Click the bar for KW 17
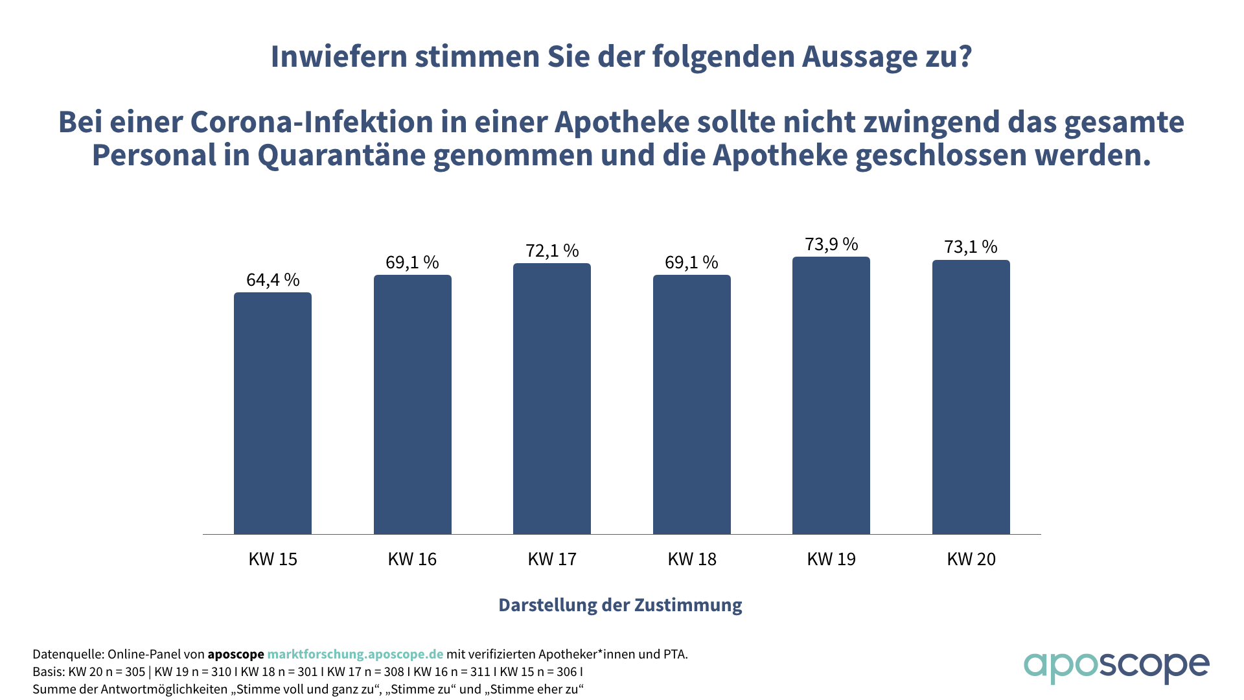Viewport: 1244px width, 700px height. coord(552,399)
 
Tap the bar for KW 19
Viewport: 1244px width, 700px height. coord(831,395)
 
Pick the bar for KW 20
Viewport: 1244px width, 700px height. coord(971,397)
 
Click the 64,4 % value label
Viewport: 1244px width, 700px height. coord(273,280)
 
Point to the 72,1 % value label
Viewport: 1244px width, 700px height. coord(552,251)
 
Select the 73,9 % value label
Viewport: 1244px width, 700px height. coord(831,244)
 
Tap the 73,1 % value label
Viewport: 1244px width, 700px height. coord(971,247)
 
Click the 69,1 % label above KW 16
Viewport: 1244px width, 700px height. coord(412,262)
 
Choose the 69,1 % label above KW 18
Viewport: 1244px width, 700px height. coord(691,262)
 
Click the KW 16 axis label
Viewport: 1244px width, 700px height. coord(412,559)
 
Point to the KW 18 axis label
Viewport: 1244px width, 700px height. coord(691,559)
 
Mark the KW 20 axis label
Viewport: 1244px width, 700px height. coord(971,559)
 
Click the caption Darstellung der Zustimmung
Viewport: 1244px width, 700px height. coord(620,605)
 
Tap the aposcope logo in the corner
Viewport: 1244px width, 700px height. coord(1116,666)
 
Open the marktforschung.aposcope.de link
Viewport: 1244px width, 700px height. coord(355,655)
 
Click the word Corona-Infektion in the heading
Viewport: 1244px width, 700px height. coord(321,122)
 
